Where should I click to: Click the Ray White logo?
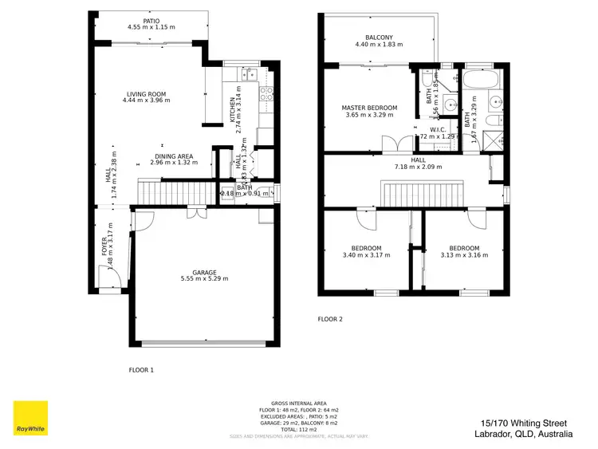(30, 418)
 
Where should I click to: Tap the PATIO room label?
(151, 20)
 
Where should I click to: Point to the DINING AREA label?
(173, 156)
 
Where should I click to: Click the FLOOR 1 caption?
(141, 370)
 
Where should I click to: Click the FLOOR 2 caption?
(330, 319)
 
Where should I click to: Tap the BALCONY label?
(379, 37)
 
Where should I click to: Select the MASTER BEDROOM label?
(369, 108)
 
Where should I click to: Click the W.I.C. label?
(437, 129)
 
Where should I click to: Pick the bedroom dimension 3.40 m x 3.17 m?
(361, 255)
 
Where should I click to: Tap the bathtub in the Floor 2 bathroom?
(481, 81)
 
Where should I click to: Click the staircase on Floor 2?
(423, 194)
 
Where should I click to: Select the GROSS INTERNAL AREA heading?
(299, 403)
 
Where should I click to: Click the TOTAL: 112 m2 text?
(299, 428)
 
